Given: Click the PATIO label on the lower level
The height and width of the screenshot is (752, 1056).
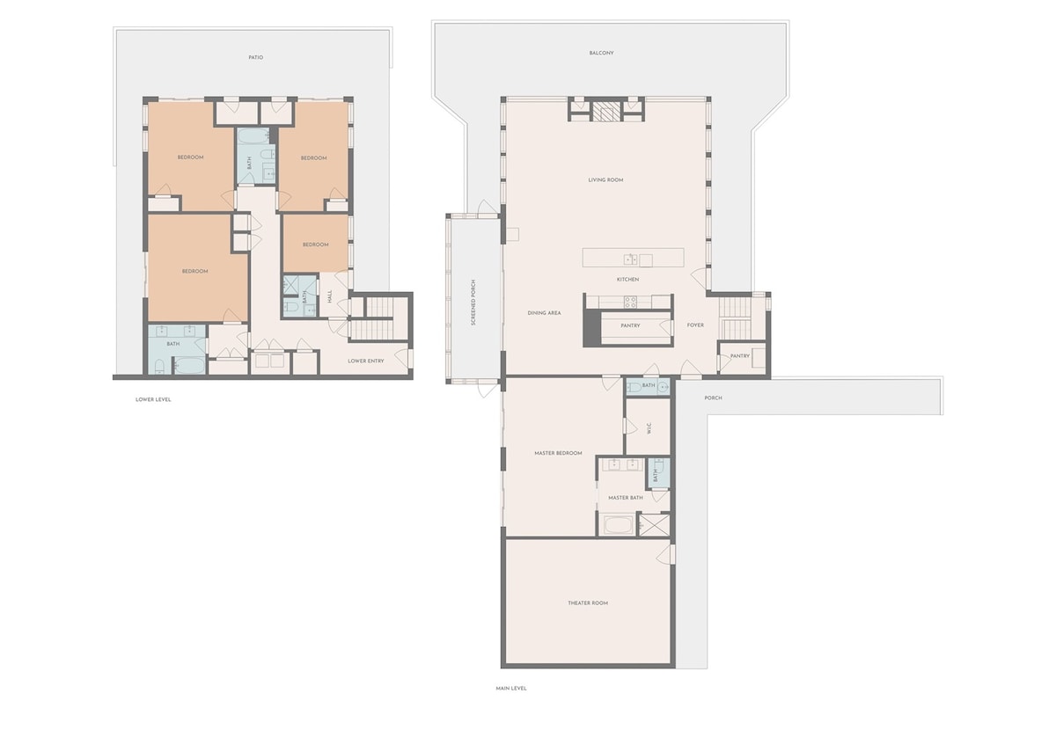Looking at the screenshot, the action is click(x=256, y=57).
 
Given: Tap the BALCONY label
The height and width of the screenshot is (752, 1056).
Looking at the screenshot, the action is click(x=602, y=54).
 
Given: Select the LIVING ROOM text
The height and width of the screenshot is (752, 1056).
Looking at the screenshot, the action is click(x=605, y=180).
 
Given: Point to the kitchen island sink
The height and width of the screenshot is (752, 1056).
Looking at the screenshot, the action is click(x=631, y=259).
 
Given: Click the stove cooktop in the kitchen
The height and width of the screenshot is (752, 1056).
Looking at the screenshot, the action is click(x=631, y=302).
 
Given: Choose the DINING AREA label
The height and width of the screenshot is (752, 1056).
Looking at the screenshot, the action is click(x=544, y=313).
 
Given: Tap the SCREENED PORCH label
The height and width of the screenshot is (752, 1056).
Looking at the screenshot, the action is click(x=473, y=303).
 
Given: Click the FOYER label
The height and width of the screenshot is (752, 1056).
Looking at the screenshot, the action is click(x=695, y=325).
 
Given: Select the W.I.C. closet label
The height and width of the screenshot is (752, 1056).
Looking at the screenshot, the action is click(x=649, y=428).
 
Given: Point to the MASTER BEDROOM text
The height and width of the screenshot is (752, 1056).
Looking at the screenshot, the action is click(x=558, y=453).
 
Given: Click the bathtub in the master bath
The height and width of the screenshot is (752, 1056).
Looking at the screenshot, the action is click(x=619, y=525).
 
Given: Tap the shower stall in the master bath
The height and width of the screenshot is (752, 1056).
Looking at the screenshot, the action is click(x=653, y=525).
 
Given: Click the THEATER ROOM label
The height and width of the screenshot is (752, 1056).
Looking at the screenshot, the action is click(x=588, y=603).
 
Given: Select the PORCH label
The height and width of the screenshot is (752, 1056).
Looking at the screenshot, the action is click(x=714, y=398).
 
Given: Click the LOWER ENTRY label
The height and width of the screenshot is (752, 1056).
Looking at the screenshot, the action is click(x=366, y=361).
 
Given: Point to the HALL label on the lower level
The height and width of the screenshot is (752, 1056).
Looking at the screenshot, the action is click(x=330, y=296).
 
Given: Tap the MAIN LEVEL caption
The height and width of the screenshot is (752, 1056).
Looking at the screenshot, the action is click(x=511, y=689).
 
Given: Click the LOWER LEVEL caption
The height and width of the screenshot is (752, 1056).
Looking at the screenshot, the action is click(x=153, y=399).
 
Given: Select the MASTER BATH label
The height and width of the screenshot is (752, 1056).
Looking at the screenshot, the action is click(x=626, y=498).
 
